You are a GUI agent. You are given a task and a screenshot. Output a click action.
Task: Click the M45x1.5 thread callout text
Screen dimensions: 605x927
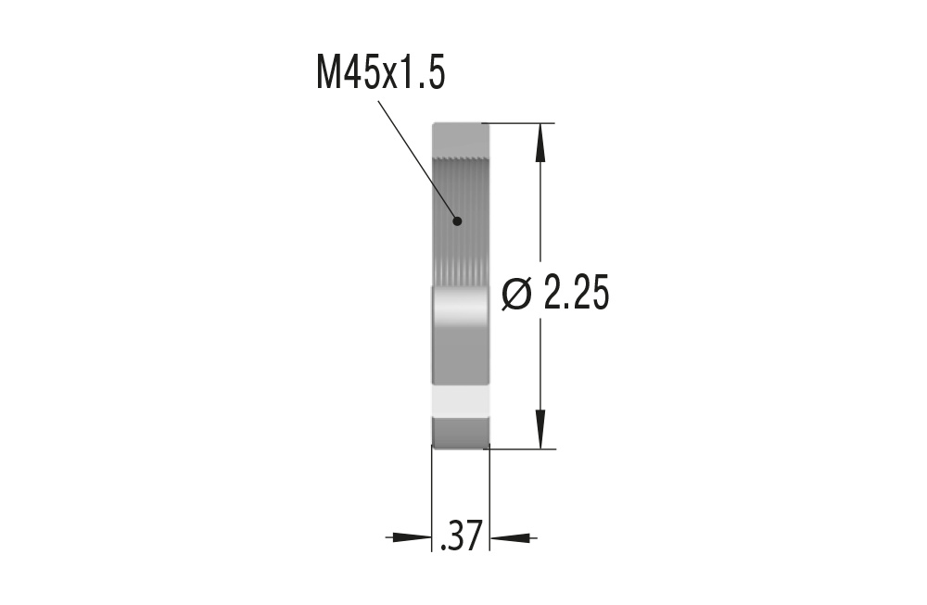point(381,73)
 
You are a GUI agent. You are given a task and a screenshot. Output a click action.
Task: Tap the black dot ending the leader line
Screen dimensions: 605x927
point(457,221)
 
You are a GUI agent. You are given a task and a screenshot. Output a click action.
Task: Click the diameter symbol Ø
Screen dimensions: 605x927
point(517,295)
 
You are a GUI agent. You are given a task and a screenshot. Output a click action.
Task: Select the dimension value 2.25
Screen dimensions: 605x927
point(576,295)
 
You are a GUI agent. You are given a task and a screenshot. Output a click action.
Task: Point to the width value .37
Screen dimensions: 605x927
point(461,536)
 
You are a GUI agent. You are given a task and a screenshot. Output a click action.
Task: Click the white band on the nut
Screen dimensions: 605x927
point(461,400)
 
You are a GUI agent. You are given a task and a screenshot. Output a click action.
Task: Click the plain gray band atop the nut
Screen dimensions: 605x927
point(461,140)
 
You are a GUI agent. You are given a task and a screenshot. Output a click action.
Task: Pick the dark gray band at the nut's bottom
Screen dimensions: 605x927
point(461,432)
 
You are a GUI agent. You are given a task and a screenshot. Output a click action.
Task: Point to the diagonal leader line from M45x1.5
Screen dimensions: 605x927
point(417,159)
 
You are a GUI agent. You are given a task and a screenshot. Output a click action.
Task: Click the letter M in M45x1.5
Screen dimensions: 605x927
point(328,73)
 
